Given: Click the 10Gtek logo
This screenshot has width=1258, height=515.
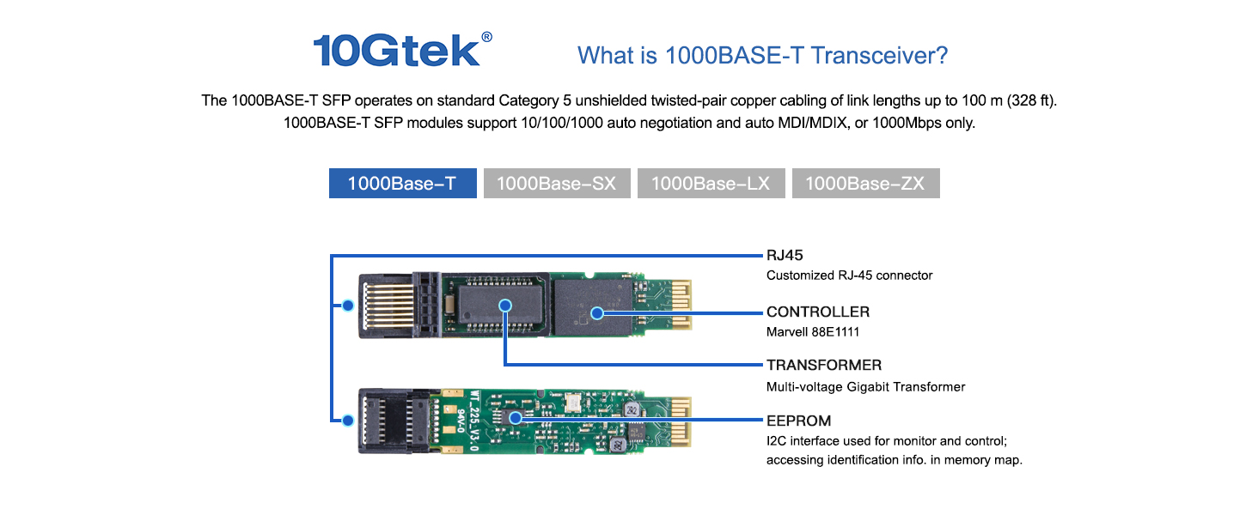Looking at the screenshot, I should [396, 51].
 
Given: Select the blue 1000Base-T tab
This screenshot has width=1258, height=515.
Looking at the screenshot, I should [402, 184].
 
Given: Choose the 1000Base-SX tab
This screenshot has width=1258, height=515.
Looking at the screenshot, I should [556, 184].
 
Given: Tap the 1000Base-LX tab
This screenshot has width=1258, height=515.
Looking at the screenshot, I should [711, 184].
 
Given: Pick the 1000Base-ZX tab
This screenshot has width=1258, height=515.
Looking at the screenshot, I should [865, 184].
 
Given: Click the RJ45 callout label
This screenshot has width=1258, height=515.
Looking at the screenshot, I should [785, 255].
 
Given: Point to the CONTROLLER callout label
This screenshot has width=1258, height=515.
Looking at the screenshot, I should [818, 312].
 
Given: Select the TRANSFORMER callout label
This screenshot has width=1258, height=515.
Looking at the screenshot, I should [823, 365].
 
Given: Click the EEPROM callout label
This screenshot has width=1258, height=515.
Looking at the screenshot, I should [798, 421].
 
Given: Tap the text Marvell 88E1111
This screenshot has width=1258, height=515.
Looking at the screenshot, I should [813, 331].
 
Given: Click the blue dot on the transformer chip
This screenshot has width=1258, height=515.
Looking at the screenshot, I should [505, 305].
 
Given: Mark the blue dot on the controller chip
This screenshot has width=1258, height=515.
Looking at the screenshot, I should [598, 313].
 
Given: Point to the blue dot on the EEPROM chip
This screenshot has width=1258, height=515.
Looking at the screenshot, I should [516, 418].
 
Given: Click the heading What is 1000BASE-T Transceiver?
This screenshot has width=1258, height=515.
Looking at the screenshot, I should [762, 56].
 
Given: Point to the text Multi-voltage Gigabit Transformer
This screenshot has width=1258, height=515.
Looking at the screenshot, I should [865, 387].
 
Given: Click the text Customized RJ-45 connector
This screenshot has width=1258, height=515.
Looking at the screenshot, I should [849, 276].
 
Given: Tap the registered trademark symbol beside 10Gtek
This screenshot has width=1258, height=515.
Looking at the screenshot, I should [487, 37].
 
